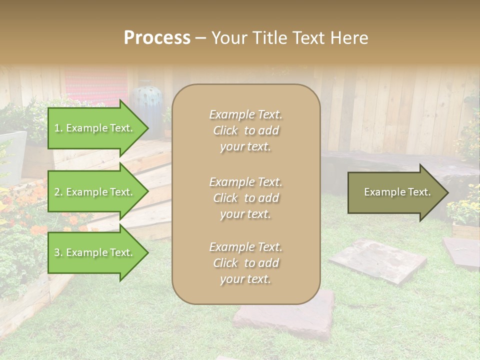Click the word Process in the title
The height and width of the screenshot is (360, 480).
point(157,38)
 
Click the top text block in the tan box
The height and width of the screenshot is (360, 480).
point(245,130)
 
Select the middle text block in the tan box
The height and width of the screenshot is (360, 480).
point(245,198)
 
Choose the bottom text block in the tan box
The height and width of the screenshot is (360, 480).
point(245,263)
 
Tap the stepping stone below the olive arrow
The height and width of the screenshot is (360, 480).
point(377,260)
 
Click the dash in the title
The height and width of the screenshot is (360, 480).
point(200,38)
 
